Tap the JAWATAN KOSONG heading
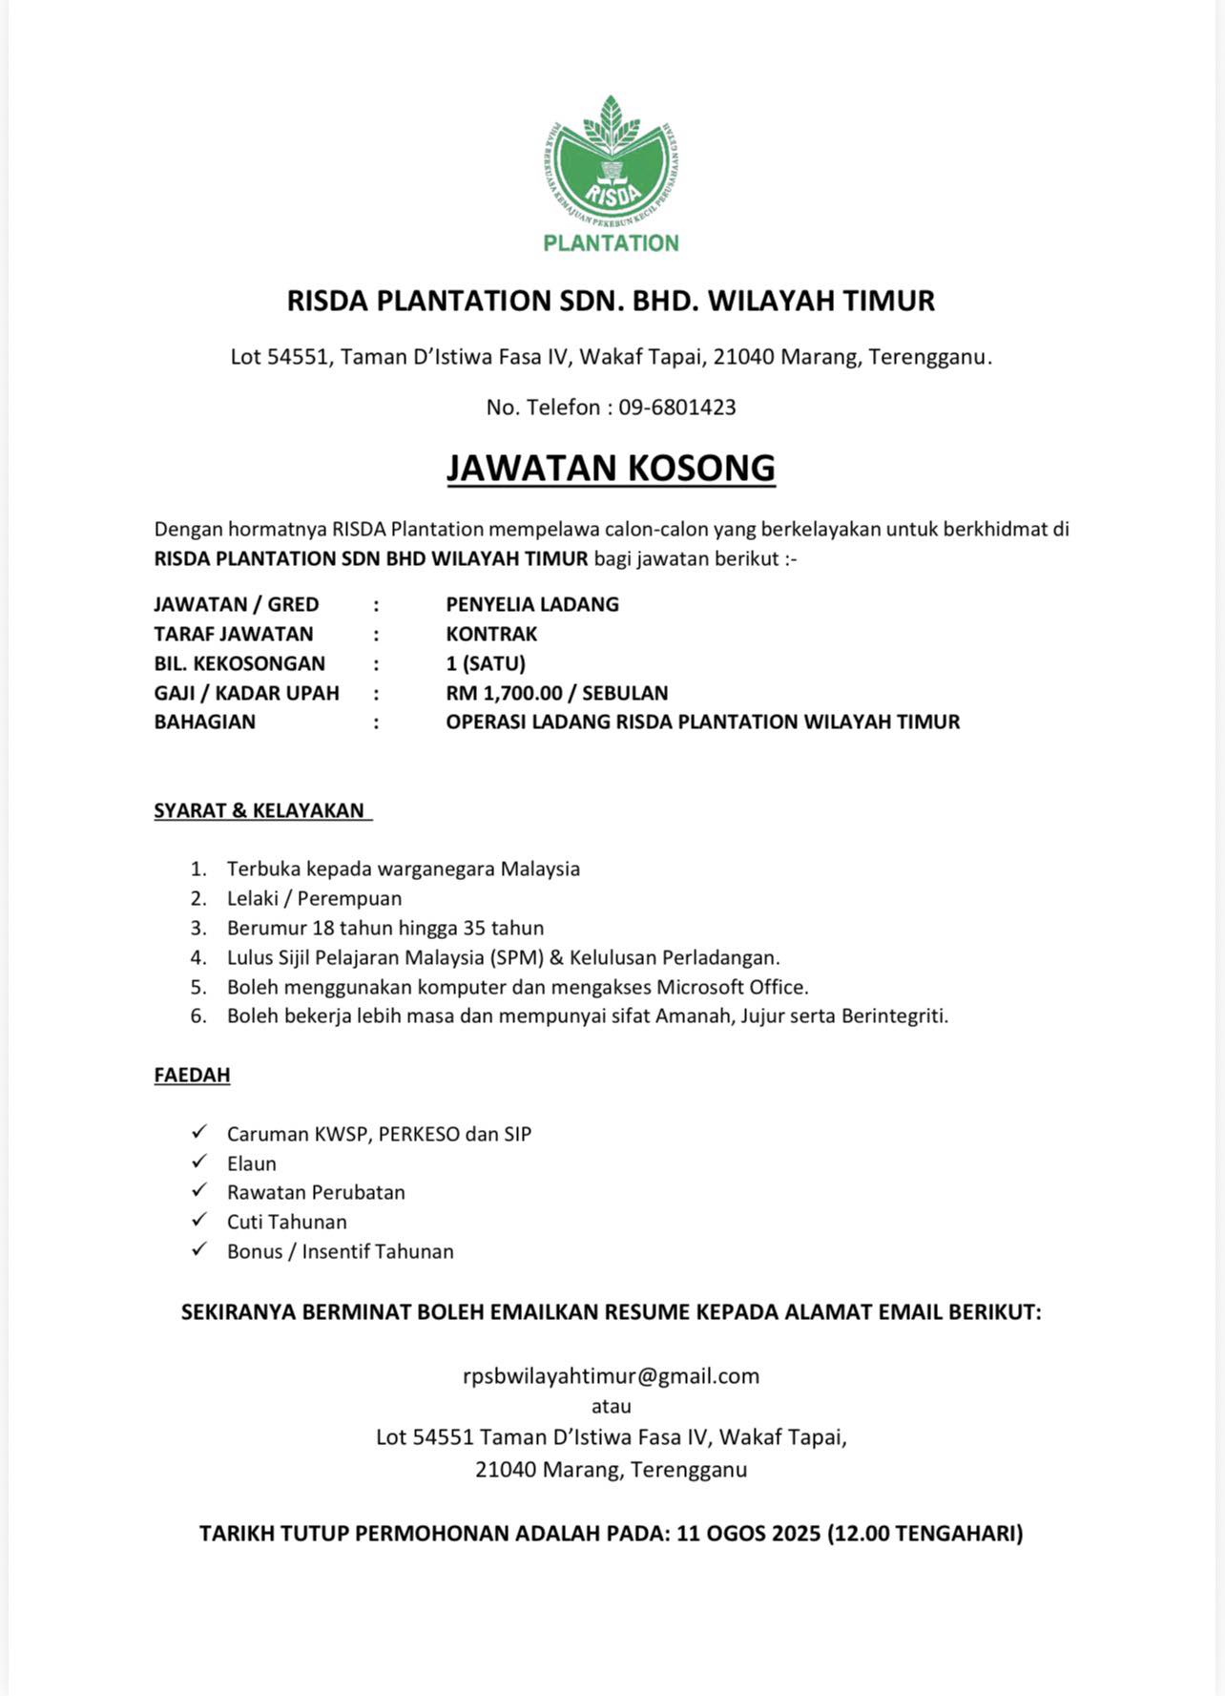click(x=611, y=468)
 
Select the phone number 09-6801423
click(x=676, y=408)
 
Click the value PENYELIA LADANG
click(x=532, y=604)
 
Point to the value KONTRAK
click(x=491, y=634)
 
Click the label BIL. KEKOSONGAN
click(x=239, y=663)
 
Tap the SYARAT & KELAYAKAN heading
click(x=260, y=810)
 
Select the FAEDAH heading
click(x=192, y=1075)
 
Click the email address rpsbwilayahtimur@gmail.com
click(x=611, y=1375)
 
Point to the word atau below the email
click(x=611, y=1406)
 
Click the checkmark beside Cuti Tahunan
click(x=199, y=1220)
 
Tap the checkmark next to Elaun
click(x=199, y=1162)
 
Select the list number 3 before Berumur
click(x=198, y=928)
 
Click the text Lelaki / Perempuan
click(x=314, y=898)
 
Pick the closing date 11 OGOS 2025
click(x=748, y=1534)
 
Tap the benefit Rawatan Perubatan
click(x=316, y=1192)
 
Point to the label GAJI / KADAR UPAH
click(x=246, y=693)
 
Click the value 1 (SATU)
click(x=486, y=663)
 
